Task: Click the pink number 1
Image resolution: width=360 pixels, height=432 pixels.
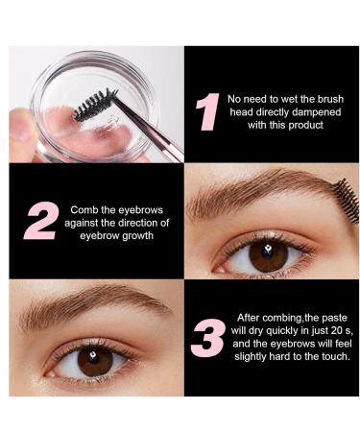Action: tap(206, 111)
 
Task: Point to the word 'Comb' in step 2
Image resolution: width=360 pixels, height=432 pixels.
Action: tap(84, 208)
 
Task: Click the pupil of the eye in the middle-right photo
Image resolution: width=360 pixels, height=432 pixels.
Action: tap(268, 253)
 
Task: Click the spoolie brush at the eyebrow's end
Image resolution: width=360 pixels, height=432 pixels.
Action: tap(344, 200)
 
